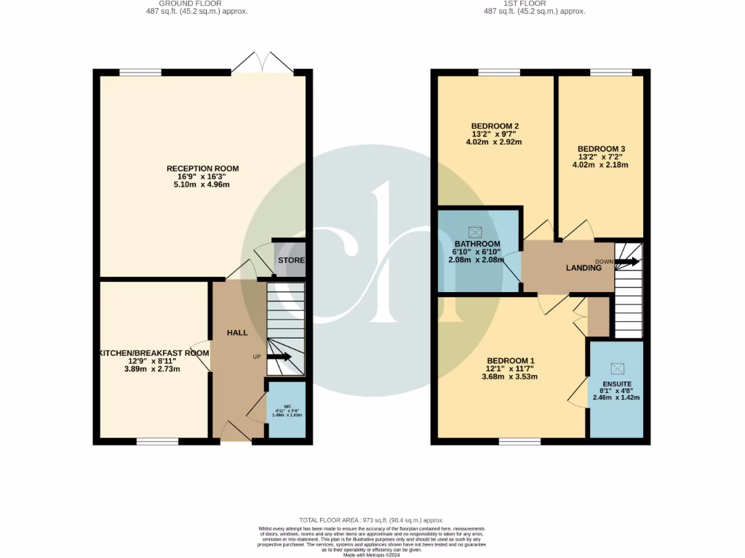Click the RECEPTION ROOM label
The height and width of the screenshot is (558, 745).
point(202,169)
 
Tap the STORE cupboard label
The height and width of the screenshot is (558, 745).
point(291,260)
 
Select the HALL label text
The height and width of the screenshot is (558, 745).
point(236,333)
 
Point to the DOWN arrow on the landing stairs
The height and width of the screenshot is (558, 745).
point(628,261)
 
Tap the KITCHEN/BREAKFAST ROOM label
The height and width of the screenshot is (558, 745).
point(154,353)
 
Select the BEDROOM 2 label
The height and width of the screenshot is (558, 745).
point(485,124)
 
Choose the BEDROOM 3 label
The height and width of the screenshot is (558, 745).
point(600,148)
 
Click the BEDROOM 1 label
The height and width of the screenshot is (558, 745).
point(511,361)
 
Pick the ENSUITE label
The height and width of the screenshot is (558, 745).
point(616,383)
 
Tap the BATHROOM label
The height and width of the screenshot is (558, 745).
point(477,243)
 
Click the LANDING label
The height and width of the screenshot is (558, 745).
point(584,267)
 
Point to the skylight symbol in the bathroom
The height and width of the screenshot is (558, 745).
point(477,232)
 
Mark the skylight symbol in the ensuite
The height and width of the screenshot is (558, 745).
point(616,368)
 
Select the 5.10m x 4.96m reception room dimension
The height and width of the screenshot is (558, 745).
point(202,185)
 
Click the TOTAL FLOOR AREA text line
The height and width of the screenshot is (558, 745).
point(372,520)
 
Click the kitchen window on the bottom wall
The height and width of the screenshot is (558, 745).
point(157,441)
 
